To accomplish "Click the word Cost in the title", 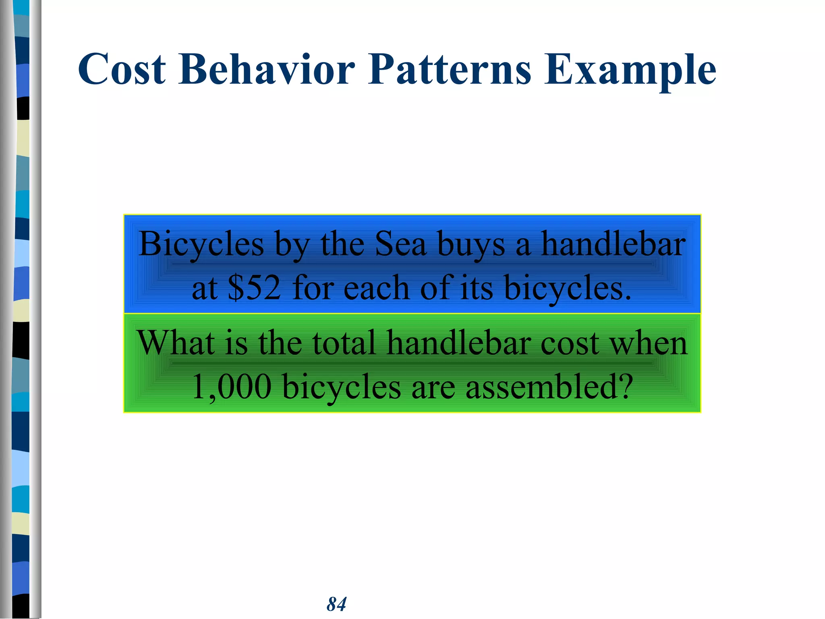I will pyautogui.click(x=122, y=69).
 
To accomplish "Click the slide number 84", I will pyautogui.click(x=336, y=604).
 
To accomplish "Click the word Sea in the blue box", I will pyautogui.click(x=400, y=244).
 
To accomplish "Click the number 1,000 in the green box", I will pyautogui.click(x=232, y=387).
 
